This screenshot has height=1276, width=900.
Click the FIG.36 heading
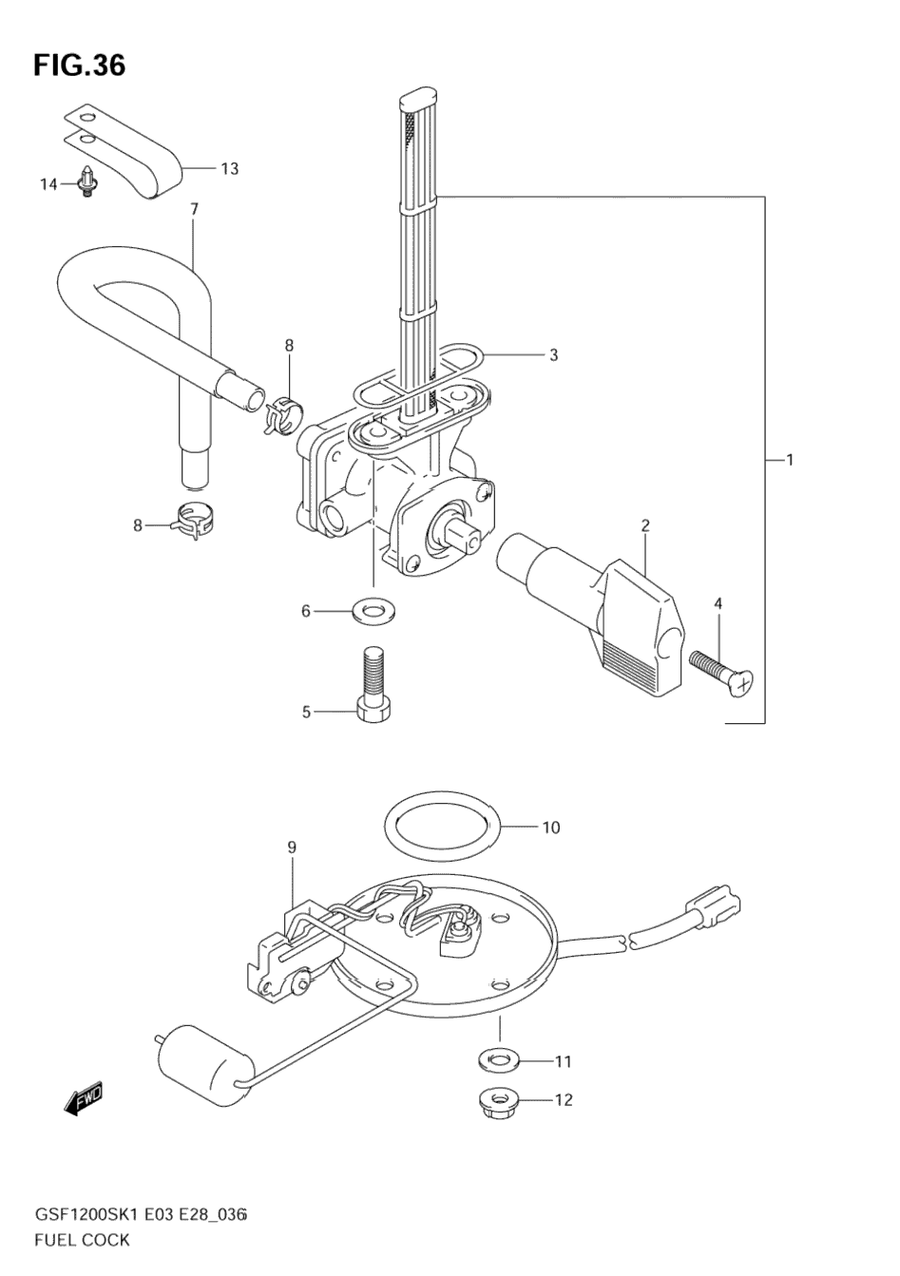coord(79,66)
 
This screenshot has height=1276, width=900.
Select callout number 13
coord(230,168)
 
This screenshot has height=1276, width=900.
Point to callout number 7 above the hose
coord(194,209)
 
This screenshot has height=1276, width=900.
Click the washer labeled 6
coord(373,611)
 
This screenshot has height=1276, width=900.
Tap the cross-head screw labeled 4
coord(720,676)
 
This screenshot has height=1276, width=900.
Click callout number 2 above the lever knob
coord(644,525)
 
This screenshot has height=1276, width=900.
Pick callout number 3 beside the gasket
coord(553,355)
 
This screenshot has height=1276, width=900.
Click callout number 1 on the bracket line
coord(790,459)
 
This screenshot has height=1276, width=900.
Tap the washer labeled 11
coord(498,1060)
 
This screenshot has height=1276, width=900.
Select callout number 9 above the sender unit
coord(292,863)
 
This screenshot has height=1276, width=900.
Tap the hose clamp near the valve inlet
coord(283,416)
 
